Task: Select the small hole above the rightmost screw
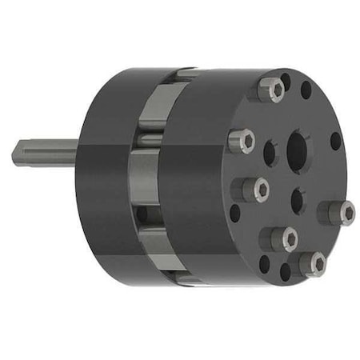(335, 141)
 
